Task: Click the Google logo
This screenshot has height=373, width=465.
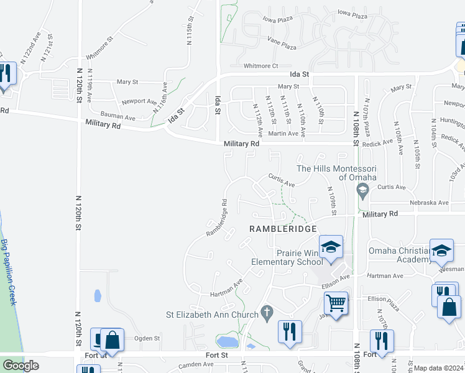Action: tap(21, 365)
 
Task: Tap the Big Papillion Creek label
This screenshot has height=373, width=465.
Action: tap(8, 272)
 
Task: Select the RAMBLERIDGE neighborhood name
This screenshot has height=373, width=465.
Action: tap(279, 229)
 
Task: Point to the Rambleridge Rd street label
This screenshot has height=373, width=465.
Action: tap(216, 218)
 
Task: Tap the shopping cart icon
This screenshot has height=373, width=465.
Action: tap(336, 304)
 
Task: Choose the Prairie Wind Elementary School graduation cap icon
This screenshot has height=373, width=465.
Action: tap(331, 247)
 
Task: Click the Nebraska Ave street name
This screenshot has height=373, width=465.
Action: tap(429, 203)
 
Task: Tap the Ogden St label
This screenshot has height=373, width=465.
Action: tap(147, 339)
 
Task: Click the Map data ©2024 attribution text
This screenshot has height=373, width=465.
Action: tap(439, 368)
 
